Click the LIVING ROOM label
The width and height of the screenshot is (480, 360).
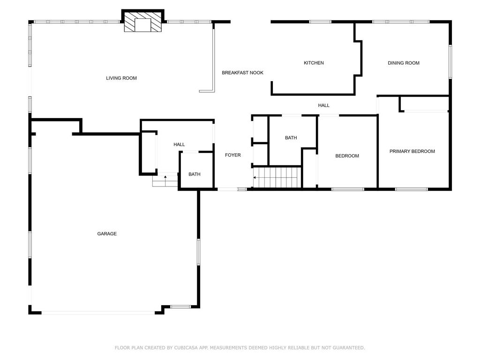point(121,78)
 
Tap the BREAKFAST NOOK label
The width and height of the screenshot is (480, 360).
point(242,73)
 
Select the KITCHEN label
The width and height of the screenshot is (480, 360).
point(314,63)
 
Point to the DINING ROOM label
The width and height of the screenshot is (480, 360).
point(403,63)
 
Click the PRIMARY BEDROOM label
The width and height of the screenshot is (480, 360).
point(412,151)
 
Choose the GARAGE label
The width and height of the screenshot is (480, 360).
point(107,234)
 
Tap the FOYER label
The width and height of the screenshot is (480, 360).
point(233,155)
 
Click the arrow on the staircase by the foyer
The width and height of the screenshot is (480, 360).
point(255,178)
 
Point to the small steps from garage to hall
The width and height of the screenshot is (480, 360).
point(165,180)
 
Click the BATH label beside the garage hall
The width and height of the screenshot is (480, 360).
point(195,174)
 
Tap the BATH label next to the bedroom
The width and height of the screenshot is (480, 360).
point(291,138)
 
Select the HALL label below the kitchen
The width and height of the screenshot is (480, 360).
point(324,105)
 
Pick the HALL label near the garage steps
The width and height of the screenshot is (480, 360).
point(179,144)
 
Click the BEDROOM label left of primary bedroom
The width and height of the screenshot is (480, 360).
point(347,156)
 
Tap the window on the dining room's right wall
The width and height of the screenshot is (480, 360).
point(450,61)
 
